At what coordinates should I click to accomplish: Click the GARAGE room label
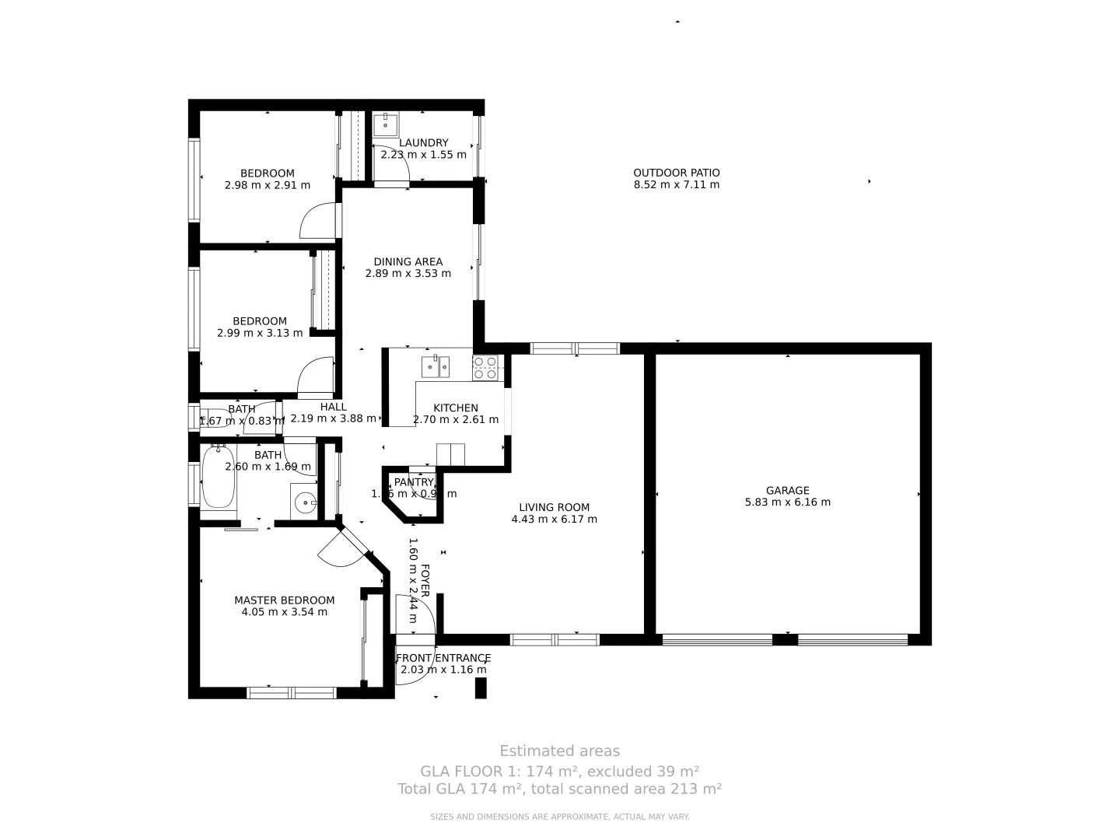point(787,490)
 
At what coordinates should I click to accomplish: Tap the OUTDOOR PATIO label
point(676,173)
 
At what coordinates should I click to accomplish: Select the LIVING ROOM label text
point(554,507)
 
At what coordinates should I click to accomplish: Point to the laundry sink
point(385,124)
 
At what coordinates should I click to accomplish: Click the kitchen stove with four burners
point(485,367)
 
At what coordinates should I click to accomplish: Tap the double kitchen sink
point(435,366)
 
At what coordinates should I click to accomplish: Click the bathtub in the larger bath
point(219,476)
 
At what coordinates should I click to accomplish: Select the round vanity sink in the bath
point(306,502)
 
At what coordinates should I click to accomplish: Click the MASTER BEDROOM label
point(284,600)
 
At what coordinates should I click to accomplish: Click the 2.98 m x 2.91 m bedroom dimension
point(267,185)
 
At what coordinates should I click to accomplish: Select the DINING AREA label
point(408,261)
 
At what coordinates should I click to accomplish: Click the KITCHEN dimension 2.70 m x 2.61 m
point(455,419)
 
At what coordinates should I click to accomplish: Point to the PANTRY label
point(413,482)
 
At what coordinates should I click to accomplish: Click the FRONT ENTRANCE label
point(443,657)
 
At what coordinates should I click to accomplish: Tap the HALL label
point(333,406)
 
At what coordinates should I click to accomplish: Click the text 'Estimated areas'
point(559,751)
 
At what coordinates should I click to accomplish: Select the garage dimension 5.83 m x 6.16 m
point(787,502)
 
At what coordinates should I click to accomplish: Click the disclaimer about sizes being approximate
point(559,817)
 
